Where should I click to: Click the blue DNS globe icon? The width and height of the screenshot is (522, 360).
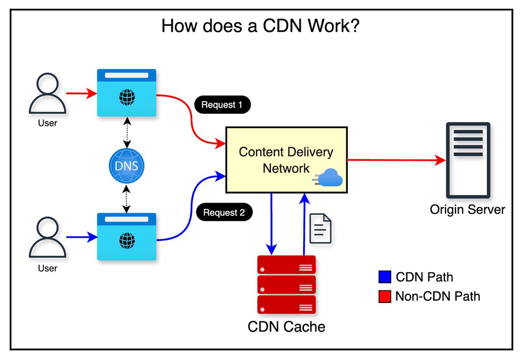(126, 166)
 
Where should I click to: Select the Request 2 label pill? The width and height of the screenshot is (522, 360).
(224, 213)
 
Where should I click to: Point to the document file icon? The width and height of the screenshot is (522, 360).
(321, 228)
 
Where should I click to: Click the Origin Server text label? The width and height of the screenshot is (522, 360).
(468, 210)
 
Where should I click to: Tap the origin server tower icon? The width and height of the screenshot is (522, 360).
(468, 160)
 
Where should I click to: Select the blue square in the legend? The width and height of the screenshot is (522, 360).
(385, 277)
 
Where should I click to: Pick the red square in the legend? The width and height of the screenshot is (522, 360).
(385, 297)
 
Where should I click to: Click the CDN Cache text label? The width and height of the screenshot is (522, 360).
(286, 326)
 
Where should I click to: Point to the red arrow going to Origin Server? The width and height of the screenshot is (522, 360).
(396, 160)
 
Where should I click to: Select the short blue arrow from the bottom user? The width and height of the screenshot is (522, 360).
(81, 237)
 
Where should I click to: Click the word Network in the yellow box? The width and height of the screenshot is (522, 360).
(286, 168)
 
